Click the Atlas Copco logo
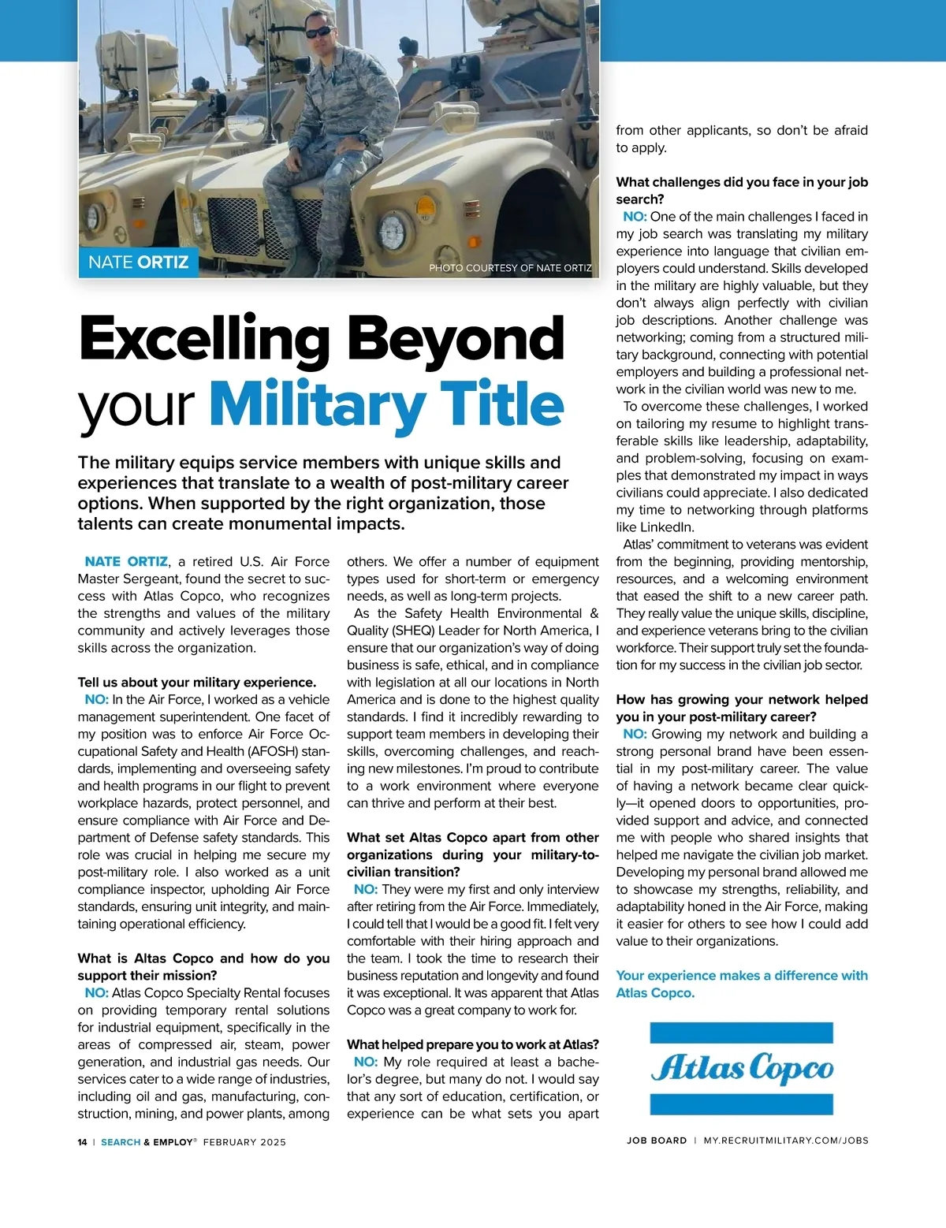coord(741,1068)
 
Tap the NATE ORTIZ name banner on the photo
coord(138,262)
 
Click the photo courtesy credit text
coord(510,268)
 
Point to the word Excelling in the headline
coord(204,339)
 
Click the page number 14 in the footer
coord(82,1142)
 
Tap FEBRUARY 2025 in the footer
coord(244,1142)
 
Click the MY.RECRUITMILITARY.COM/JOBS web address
coord(785,1141)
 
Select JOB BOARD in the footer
coord(657,1141)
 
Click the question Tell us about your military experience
coord(196,683)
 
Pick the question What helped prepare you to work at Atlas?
coord(473,1044)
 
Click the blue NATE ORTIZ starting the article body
coord(126,562)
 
